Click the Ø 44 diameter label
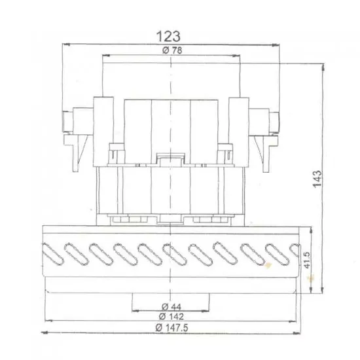pos(170,306)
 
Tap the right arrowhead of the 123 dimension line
pos(272,44)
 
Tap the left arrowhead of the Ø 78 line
pos(105,56)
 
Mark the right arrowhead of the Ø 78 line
pos(238,56)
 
